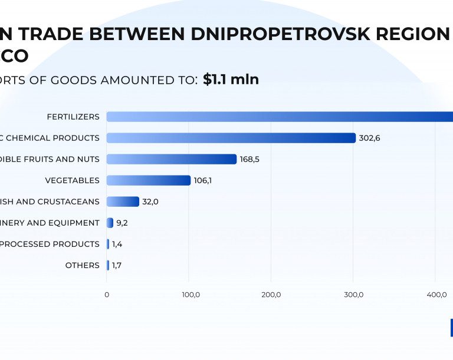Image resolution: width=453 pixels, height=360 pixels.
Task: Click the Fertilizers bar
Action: [x=280, y=117]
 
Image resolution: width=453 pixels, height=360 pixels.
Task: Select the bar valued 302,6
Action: [x=231, y=138]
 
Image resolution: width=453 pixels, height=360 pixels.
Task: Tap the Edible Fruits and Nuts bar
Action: [x=171, y=159]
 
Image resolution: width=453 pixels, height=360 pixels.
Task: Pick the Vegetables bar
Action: [x=148, y=180]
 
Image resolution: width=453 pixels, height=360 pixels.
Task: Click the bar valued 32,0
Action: [x=123, y=202]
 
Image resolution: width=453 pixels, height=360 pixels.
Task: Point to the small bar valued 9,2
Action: [x=110, y=223]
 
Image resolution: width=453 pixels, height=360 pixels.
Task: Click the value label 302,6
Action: [x=369, y=138]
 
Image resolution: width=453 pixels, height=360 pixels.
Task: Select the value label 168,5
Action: [x=250, y=159]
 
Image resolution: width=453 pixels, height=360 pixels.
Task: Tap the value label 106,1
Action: [x=202, y=180]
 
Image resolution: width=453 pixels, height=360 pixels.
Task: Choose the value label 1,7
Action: [x=117, y=265]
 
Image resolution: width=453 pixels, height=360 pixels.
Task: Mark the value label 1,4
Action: [x=117, y=244]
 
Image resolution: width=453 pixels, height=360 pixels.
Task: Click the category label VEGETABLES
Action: [x=72, y=180]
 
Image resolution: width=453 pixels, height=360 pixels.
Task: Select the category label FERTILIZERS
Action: [x=73, y=117]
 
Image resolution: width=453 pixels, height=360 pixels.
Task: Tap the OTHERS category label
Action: [x=82, y=265]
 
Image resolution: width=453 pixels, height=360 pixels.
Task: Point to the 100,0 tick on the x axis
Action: [x=189, y=295]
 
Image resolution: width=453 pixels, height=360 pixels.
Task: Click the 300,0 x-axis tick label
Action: [x=353, y=295]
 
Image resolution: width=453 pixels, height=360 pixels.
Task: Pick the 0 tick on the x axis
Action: [x=107, y=295]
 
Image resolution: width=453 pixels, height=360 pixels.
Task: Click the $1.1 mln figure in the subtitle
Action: [x=231, y=80]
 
